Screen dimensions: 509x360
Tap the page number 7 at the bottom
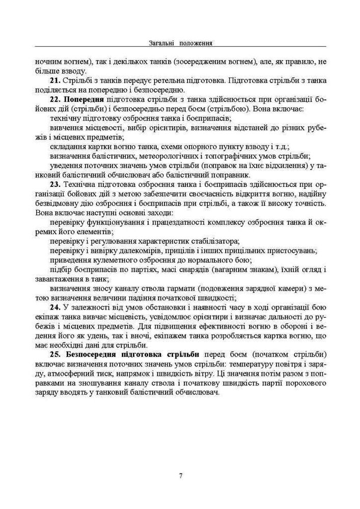click(181, 475)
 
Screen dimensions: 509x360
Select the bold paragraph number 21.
click(55, 80)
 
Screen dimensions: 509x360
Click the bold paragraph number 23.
click(55, 184)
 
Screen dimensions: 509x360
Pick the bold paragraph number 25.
click(55, 354)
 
